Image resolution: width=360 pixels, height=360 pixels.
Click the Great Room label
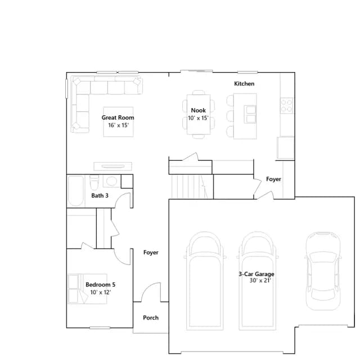(x=118, y=118)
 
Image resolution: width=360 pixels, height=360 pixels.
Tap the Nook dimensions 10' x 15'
(x=198, y=118)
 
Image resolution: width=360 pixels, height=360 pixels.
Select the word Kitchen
(x=244, y=84)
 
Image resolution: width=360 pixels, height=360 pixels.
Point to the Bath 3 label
(x=100, y=196)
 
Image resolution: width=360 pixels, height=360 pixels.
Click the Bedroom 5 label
(x=100, y=285)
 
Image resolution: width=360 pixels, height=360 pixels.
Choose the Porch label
(x=151, y=318)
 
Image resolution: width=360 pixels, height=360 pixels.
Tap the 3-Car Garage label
(x=256, y=274)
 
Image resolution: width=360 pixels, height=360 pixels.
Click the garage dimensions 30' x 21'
(x=260, y=280)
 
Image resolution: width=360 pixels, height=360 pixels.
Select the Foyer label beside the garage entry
(x=273, y=179)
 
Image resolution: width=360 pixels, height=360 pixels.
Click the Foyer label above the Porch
(x=151, y=253)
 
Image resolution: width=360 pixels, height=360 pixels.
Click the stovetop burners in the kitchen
(x=286, y=105)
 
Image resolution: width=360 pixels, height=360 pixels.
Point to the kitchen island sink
(x=250, y=114)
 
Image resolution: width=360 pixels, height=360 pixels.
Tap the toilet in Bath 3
(x=94, y=182)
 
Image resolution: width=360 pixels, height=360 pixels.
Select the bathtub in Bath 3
(x=75, y=191)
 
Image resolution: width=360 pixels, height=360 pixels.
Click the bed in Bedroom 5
(x=87, y=289)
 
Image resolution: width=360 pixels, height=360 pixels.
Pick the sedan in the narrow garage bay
(x=323, y=271)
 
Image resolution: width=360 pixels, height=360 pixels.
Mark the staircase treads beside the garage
(x=190, y=187)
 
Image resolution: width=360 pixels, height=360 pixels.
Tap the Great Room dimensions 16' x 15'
(x=119, y=125)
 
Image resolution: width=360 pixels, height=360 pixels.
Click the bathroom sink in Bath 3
(x=111, y=181)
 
